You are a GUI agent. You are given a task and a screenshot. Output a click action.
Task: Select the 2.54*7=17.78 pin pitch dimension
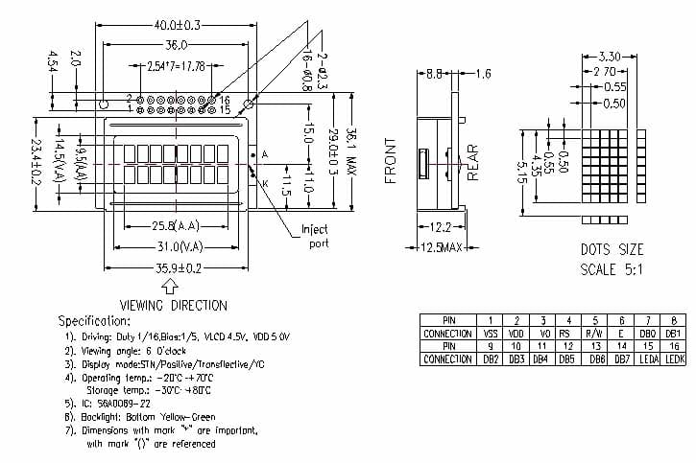[177, 66]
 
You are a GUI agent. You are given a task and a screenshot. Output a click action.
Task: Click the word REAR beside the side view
[472, 161]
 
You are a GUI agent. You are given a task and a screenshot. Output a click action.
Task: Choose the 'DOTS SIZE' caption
[612, 249]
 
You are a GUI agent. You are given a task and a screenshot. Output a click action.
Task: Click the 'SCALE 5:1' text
[612, 269]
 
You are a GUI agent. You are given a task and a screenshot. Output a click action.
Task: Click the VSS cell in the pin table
[490, 333]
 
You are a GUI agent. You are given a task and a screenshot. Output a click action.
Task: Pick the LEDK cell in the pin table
[675, 359]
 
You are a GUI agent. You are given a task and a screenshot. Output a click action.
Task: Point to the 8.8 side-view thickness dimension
[434, 73]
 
